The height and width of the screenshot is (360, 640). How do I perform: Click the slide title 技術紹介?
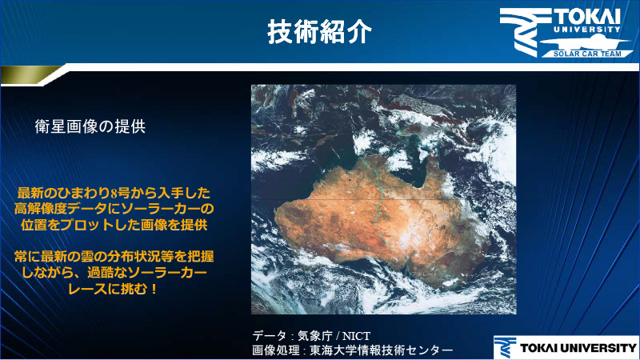point(319,31)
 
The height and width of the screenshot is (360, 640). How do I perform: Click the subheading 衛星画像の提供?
point(90,126)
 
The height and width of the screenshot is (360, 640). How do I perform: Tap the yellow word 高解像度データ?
point(66,209)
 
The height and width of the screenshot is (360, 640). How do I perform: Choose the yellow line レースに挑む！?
point(114,287)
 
